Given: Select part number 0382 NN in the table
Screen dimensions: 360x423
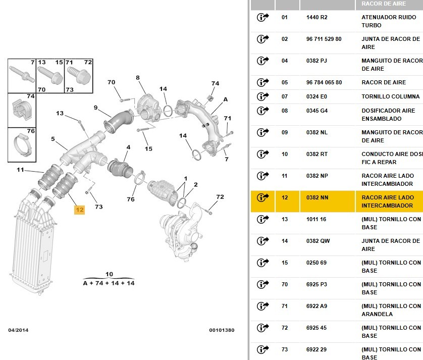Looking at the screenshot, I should [x=317, y=197].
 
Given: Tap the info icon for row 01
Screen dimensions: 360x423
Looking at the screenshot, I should [x=263, y=18].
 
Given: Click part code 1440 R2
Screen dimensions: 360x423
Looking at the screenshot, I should [x=316, y=17].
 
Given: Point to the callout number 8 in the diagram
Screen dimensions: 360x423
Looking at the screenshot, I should [x=137, y=78].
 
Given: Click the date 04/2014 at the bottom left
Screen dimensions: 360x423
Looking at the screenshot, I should [x=19, y=330].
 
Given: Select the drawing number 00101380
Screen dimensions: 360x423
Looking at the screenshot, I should [x=222, y=330].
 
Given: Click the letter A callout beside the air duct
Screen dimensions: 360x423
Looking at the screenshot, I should [x=226, y=99].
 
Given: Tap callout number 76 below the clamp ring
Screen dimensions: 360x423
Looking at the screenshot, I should [x=131, y=199].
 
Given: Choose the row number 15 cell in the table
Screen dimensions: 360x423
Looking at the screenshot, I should [x=285, y=263].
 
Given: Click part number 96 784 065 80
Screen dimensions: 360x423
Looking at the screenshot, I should [x=324, y=82].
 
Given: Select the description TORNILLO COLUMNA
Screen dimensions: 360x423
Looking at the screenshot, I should [x=390, y=96].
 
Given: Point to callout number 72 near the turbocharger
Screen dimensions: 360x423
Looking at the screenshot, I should [x=220, y=197].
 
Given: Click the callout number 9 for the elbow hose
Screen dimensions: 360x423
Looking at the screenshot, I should [x=95, y=107].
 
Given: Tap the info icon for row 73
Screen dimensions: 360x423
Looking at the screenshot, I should [x=263, y=349].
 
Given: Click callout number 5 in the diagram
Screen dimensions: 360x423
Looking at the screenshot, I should [x=52, y=139].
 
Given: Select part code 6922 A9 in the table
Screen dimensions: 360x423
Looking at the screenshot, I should [x=316, y=306].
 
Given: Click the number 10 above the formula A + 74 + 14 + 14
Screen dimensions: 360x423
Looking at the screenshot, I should [x=109, y=274].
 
